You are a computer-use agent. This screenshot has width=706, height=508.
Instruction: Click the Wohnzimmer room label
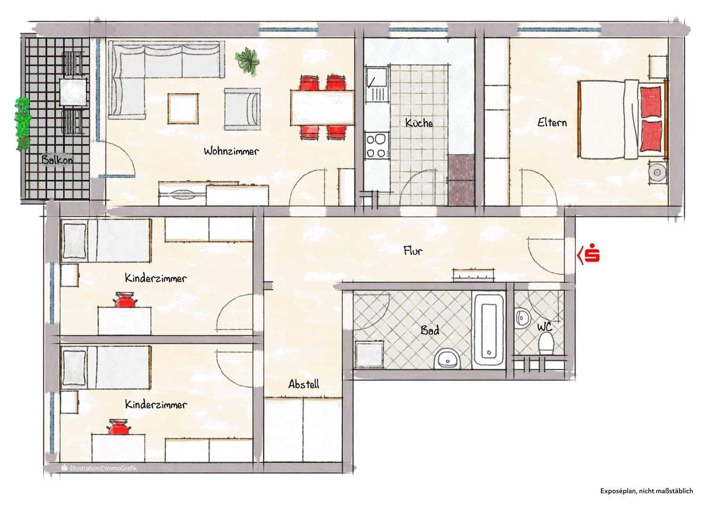coord(231,151)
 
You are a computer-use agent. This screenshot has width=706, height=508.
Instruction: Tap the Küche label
coord(419,123)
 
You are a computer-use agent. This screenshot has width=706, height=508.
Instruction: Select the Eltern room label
coord(552,123)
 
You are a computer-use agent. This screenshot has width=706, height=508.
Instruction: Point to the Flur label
coord(413,251)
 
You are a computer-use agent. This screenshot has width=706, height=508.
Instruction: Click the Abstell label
coord(303,384)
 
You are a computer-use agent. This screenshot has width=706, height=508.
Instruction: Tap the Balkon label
coord(57,160)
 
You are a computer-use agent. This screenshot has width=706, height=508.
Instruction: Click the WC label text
coord(544,327)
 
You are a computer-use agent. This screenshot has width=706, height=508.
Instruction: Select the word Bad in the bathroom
coord(429,330)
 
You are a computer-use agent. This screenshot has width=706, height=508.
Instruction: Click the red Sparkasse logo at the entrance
coord(590,254)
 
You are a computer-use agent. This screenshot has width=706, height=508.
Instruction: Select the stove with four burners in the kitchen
coord(376,146)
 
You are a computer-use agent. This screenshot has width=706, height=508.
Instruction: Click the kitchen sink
coord(376,78)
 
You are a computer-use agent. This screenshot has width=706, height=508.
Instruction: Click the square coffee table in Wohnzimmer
coord(183,108)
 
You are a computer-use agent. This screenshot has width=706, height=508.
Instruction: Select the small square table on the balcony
coord(73,92)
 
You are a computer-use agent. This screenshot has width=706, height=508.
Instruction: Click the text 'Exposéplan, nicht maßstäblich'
coord(646,490)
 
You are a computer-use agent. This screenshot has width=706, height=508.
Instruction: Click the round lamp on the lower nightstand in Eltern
coord(656,172)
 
